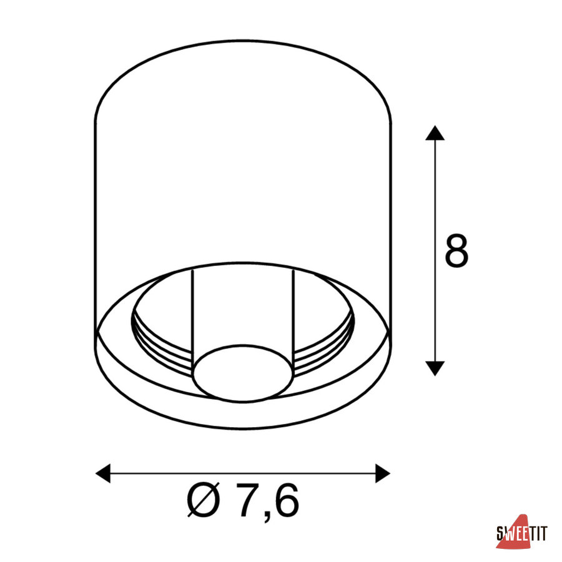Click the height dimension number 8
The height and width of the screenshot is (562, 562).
(x=456, y=250)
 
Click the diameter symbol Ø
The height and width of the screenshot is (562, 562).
(x=203, y=500)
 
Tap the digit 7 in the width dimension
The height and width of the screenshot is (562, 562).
(x=249, y=500)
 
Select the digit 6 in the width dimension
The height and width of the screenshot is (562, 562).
(x=287, y=500)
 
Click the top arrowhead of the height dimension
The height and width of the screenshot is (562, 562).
(x=435, y=132)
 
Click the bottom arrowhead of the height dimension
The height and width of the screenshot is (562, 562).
(x=435, y=368)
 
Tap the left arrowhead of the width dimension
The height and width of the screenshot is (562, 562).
(x=103, y=473)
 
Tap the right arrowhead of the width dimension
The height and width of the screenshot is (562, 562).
(x=382, y=473)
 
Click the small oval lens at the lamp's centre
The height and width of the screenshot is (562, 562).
(x=243, y=373)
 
